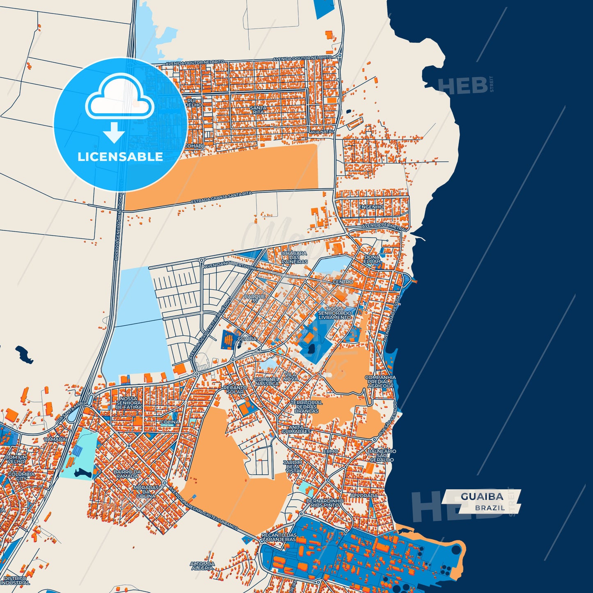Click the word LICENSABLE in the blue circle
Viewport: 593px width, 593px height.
tap(120, 157)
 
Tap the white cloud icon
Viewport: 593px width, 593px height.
tap(119, 98)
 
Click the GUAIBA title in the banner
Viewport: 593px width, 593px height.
tap(482, 497)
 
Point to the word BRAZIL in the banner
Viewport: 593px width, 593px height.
tap(490, 508)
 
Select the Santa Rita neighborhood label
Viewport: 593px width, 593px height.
tap(258, 110)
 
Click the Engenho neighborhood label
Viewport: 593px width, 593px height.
tap(371, 207)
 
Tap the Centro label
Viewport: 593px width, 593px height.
tap(343, 282)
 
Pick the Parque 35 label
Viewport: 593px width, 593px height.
tap(255, 298)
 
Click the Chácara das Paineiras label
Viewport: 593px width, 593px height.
tap(295, 257)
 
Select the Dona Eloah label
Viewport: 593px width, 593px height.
tap(372, 259)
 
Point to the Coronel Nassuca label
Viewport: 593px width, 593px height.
tap(267, 381)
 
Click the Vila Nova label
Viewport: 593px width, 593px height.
tap(290, 376)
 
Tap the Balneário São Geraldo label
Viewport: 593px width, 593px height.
tap(382, 455)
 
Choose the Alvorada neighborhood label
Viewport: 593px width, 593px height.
tap(364, 496)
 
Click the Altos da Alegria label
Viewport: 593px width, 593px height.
tap(202, 566)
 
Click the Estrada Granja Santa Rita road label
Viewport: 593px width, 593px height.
tap(221, 197)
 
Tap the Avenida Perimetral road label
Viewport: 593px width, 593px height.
tap(383, 226)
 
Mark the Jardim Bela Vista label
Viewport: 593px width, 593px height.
tap(293, 467)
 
